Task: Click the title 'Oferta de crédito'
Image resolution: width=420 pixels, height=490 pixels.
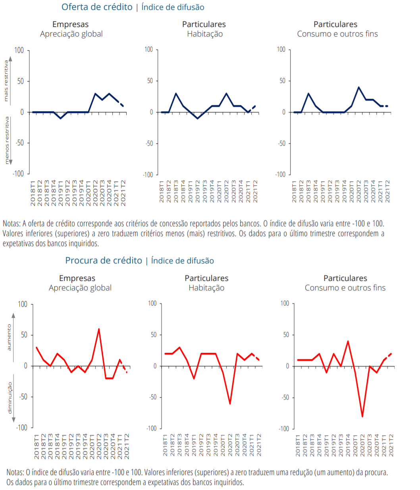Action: pyautogui.click(x=97, y=7)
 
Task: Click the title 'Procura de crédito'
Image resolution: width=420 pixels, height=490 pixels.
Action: pyautogui.click(x=104, y=261)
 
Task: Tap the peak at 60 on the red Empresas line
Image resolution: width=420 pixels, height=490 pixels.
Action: pyautogui.click(x=99, y=329)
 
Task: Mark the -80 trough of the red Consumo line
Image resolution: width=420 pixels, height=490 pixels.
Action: pyautogui.click(x=362, y=416)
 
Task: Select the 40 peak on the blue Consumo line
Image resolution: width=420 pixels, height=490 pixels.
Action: pyautogui.click(x=358, y=87)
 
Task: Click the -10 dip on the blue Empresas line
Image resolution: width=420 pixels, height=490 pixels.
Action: pyautogui.click(x=61, y=118)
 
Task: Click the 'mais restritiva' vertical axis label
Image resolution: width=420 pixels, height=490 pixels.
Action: pyautogui.click(x=6, y=81)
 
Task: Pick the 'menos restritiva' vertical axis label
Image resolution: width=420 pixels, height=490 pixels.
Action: pyautogui.click(x=7, y=140)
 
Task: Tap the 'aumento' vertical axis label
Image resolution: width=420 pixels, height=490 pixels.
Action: pyautogui.click(x=9, y=337)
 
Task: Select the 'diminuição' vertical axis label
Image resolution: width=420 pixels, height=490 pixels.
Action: pyautogui.click(x=10, y=398)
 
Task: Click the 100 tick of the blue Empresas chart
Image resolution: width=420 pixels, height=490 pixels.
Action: pyautogui.click(x=19, y=50)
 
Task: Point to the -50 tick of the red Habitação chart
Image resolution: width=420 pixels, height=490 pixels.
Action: pyautogui.click(x=153, y=397)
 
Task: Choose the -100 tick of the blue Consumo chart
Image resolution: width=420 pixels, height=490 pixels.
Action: pyautogui.click(x=280, y=175)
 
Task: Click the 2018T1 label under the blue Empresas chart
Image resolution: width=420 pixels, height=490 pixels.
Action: pyautogui.click(x=33, y=194)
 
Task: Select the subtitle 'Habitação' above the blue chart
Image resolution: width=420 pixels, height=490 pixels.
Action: pyautogui.click(x=205, y=34)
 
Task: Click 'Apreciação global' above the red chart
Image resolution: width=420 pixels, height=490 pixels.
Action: pyautogui.click(x=80, y=288)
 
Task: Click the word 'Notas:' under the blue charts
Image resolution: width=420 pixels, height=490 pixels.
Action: pyautogui.click(x=12, y=223)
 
